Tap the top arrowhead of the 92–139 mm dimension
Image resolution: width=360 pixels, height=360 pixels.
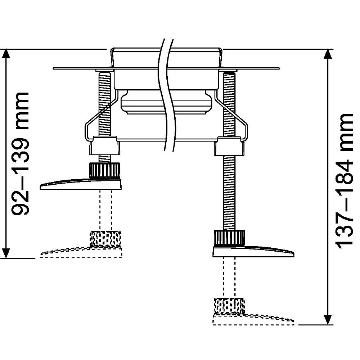point(6,54)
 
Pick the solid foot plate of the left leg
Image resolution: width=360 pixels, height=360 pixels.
point(81,184)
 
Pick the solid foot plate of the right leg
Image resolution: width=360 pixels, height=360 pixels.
point(254,252)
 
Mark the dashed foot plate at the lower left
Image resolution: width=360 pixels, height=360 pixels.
point(81,253)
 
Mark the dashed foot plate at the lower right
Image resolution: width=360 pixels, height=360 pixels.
point(254,319)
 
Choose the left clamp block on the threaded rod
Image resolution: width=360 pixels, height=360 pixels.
point(104,146)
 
